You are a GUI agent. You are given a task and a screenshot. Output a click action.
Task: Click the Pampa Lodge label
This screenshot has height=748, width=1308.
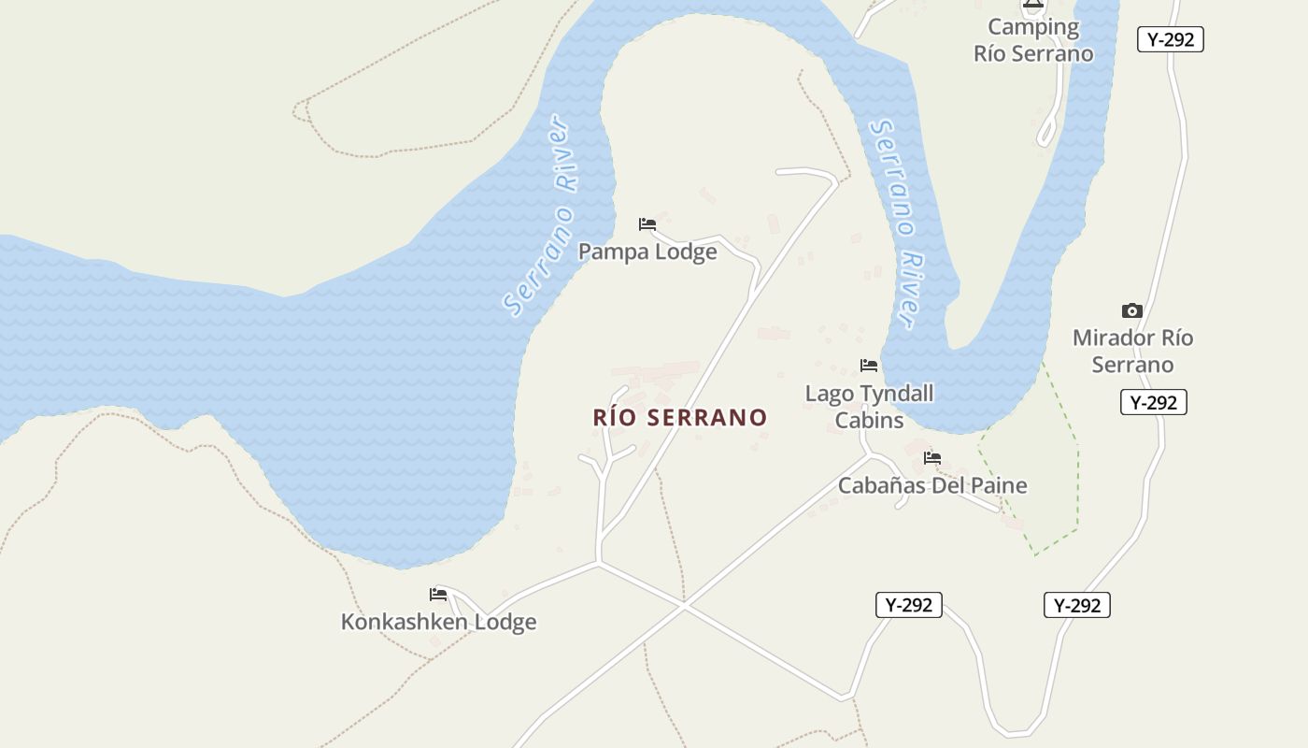[647, 252]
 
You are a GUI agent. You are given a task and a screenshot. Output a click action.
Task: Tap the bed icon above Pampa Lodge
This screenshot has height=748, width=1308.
[647, 224]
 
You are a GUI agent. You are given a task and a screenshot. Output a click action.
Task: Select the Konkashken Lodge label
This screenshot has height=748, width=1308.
[438, 622]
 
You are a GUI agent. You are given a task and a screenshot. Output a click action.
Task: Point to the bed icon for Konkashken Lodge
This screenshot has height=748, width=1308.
[437, 595]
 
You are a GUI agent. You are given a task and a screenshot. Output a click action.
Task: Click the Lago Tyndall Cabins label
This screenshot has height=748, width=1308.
[869, 407]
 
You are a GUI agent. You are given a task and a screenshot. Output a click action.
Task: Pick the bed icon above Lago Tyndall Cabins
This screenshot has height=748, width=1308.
[869, 366]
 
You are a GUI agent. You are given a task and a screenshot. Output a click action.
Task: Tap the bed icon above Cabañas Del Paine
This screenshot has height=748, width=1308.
[931, 458]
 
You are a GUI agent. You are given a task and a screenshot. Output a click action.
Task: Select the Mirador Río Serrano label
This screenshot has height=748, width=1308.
[1132, 351]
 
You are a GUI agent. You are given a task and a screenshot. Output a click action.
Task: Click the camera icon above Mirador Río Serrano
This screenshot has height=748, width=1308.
[1131, 310]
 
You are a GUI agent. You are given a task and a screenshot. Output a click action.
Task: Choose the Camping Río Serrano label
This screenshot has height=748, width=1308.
[1033, 40]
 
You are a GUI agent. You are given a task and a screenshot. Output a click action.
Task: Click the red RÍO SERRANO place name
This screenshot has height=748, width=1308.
[680, 417]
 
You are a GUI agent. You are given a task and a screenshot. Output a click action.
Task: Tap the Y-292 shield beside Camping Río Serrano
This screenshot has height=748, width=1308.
[1170, 39]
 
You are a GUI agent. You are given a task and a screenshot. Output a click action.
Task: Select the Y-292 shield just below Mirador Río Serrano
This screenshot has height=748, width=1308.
[1153, 402]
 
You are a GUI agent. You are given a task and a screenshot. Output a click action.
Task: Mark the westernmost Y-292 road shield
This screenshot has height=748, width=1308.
[908, 605]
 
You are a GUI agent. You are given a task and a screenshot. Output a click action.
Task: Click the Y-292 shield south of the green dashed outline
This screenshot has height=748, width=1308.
[1076, 605]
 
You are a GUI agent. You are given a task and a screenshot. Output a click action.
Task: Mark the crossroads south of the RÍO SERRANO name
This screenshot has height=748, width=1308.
[683, 607]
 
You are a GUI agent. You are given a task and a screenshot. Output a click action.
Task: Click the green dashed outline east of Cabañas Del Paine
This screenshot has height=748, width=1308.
[1078, 486]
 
